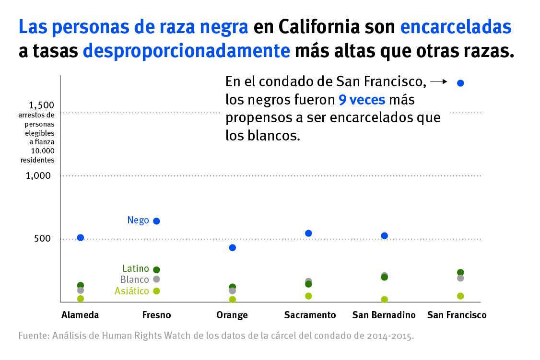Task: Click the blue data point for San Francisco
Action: [x=460, y=83]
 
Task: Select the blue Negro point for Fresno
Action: [x=156, y=221]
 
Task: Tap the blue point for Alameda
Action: [x=81, y=237]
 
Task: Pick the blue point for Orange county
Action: [x=233, y=247]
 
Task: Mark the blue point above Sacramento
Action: [x=308, y=233]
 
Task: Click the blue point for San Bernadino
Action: [x=384, y=235]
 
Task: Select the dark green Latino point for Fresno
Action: [x=156, y=270]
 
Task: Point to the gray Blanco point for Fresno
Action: [x=156, y=279]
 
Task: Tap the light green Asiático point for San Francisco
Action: [x=460, y=296]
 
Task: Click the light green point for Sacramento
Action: [x=308, y=296]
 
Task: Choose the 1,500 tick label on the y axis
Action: [x=41, y=105]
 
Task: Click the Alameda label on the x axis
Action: [x=80, y=315]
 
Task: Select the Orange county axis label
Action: [x=232, y=315]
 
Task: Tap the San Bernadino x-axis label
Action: [x=384, y=315]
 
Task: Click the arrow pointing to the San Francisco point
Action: [x=439, y=82]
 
